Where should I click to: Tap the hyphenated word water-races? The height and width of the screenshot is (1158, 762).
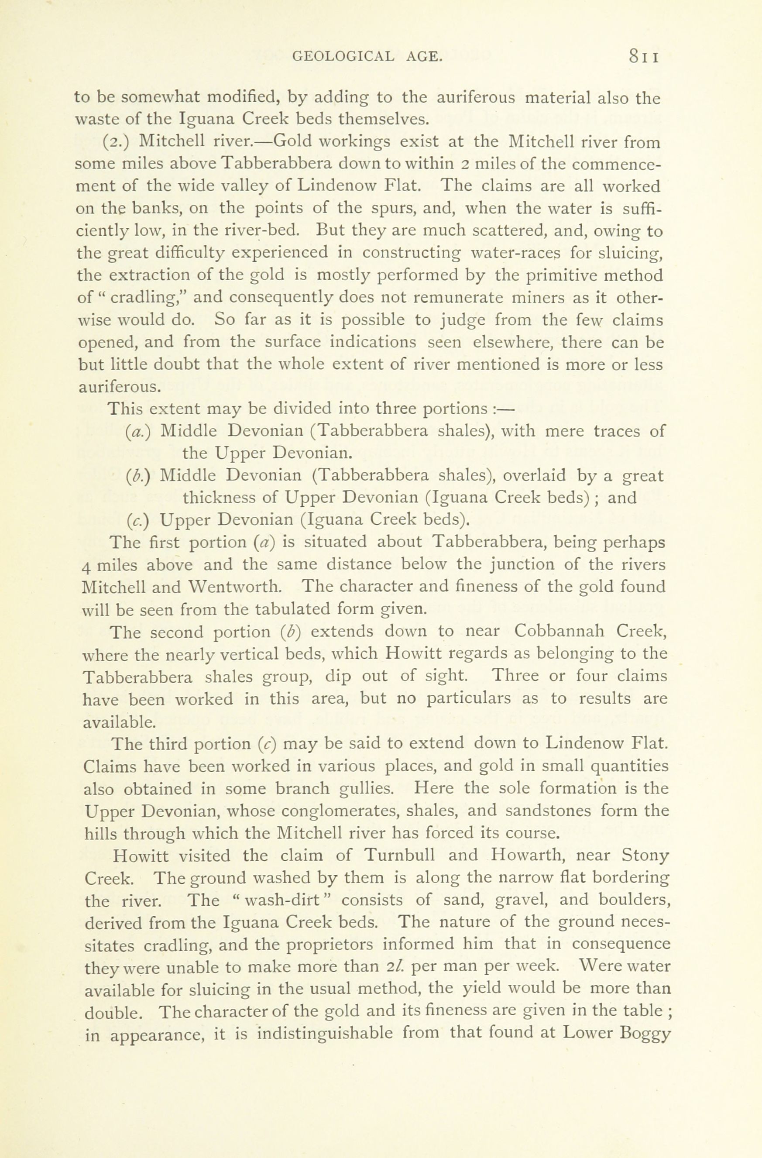[517, 253]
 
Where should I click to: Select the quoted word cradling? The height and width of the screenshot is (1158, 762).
[146, 297]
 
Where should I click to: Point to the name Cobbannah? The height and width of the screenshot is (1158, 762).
[559, 632]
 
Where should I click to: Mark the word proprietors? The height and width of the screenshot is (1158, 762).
[330, 945]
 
